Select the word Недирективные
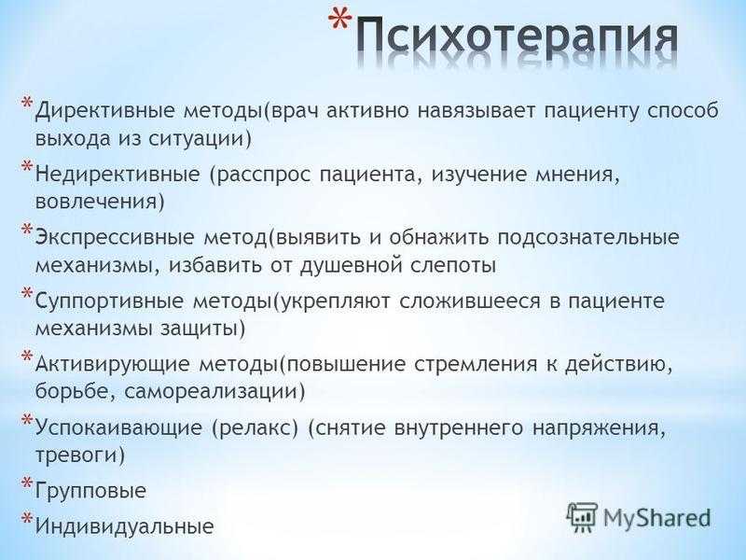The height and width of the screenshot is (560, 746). click(117, 175)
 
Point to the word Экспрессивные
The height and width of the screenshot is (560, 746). click(115, 238)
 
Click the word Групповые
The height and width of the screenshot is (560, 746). click(90, 491)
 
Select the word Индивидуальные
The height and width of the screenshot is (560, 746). click(125, 526)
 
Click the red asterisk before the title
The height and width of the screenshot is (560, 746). click(340, 24)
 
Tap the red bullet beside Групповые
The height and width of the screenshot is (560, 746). click(27, 483)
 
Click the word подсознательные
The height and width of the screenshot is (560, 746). click(588, 238)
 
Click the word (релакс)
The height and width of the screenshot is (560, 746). click(255, 428)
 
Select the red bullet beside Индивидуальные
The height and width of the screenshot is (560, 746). click(27, 518)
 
